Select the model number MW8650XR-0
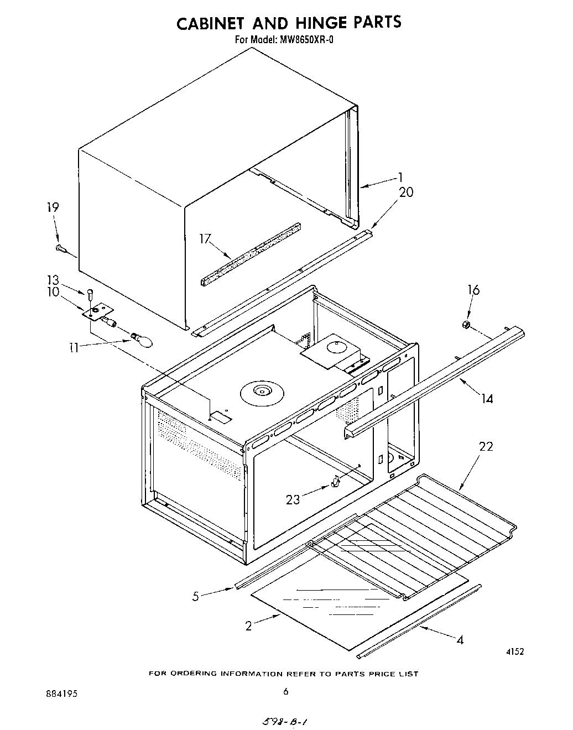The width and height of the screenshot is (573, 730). [x=305, y=40]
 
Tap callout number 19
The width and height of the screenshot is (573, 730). [x=53, y=207]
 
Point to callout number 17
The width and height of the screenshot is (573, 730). [x=206, y=239]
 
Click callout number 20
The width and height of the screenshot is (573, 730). [x=405, y=192]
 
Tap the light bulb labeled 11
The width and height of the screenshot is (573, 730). [x=140, y=339]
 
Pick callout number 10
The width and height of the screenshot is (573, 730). [x=53, y=291]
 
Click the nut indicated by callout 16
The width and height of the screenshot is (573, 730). [x=466, y=324]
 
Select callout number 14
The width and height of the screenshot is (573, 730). [x=487, y=398]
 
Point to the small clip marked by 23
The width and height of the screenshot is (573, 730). [x=335, y=483]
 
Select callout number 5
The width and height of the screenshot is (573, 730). [x=195, y=596]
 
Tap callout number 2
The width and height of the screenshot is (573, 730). [x=249, y=625]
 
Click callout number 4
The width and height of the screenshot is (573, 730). [x=460, y=640]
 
